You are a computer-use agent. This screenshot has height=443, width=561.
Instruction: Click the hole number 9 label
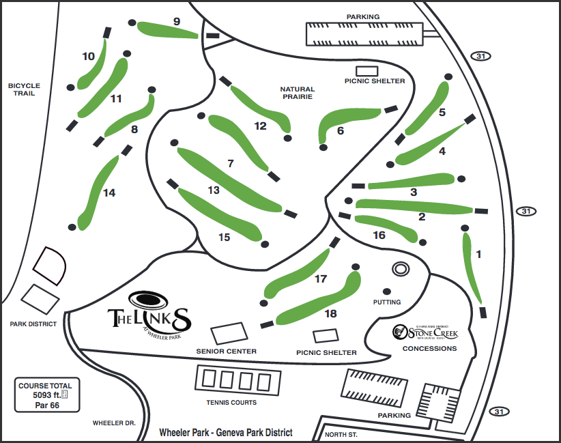(177, 22)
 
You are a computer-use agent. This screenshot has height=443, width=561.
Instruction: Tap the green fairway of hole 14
(96, 191)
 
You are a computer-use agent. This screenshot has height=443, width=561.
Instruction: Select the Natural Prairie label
(297, 93)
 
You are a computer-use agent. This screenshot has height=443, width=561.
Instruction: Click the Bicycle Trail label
(25, 89)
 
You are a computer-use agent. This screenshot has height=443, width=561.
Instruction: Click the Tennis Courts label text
(231, 403)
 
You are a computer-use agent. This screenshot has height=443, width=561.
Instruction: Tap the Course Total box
(45, 395)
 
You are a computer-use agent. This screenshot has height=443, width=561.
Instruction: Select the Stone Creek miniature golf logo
(425, 332)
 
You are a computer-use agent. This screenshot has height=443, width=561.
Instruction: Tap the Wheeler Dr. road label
(114, 423)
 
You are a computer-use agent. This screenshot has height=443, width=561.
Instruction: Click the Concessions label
(429, 349)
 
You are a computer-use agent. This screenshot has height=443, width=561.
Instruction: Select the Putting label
(387, 302)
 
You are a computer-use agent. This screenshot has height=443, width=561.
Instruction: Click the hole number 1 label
(478, 255)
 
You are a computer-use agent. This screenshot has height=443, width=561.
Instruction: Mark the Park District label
(33, 324)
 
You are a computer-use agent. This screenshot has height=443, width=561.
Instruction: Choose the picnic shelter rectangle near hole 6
(367, 70)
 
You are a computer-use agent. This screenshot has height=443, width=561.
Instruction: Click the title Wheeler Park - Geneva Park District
(225, 433)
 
